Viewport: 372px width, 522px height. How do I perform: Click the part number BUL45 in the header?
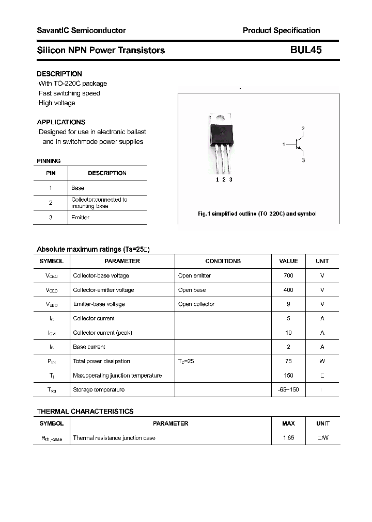click(x=306, y=50)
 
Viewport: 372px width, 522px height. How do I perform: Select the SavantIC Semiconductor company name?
click(x=81, y=30)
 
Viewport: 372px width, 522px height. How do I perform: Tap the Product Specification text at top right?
click(x=281, y=30)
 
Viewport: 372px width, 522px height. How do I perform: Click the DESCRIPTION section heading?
click(x=59, y=74)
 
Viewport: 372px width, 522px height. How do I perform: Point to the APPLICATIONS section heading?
click(x=61, y=122)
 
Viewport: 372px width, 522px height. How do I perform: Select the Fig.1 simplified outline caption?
click(x=257, y=214)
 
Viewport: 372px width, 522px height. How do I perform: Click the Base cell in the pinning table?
click(x=78, y=188)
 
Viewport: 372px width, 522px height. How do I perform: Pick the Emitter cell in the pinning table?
click(x=80, y=218)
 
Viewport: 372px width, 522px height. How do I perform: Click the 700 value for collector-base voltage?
click(x=288, y=276)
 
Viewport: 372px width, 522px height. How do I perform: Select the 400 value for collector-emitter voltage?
click(x=288, y=290)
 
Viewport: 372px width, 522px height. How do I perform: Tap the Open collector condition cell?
click(x=196, y=304)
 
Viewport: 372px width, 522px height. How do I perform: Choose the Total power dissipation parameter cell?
click(x=101, y=361)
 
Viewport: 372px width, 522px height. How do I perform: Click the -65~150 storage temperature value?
click(x=288, y=389)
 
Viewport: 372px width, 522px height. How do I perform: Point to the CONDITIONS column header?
click(x=223, y=261)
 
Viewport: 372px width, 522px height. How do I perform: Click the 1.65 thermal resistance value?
click(x=288, y=438)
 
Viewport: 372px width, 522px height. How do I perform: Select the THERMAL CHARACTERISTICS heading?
click(x=85, y=411)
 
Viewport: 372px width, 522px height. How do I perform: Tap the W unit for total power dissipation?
click(x=322, y=361)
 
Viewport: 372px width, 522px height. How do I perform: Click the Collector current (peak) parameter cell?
click(x=102, y=333)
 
